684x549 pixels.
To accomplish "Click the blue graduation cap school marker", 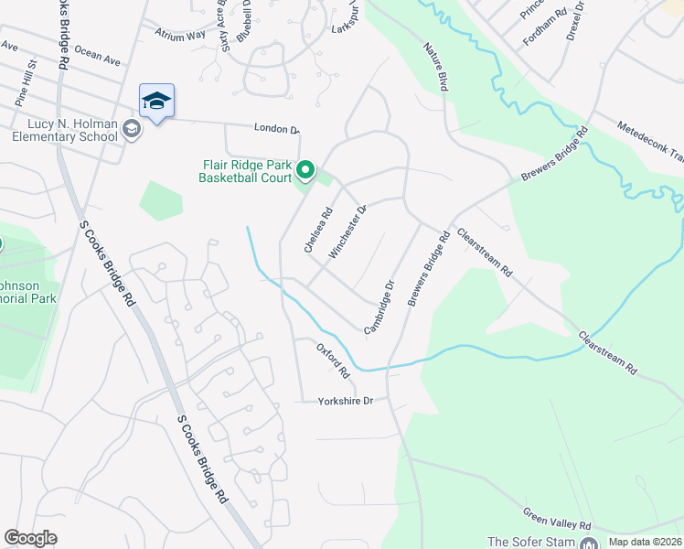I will click(156, 102).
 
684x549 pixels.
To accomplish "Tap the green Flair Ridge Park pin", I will click(306, 170).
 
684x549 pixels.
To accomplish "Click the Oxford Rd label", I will click(334, 361).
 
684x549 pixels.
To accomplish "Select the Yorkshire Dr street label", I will click(347, 401).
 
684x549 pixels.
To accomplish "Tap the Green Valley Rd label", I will click(557, 520).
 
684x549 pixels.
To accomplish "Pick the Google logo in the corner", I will click(30, 538).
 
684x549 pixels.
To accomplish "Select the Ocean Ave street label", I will click(97, 56).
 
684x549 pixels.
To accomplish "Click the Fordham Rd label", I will click(540, 36).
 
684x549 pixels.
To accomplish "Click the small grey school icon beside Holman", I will click(133, 130).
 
